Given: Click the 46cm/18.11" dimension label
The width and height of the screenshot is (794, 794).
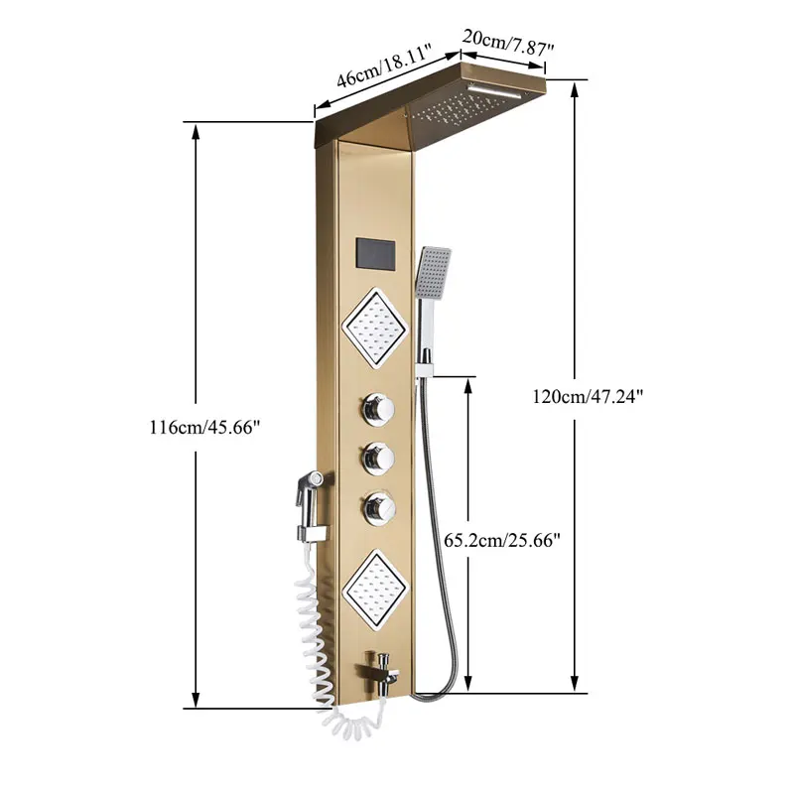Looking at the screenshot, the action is (384, 66).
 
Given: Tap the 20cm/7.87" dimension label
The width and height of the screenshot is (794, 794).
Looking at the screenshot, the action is (508, 43).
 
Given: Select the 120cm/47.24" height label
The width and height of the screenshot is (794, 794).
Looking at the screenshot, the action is (588, 396).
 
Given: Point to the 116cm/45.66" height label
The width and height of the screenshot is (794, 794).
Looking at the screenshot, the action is (204, 428).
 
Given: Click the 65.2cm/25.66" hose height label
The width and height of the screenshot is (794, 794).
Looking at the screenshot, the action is (502, 540).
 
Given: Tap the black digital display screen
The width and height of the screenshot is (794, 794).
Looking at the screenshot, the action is (375, 255).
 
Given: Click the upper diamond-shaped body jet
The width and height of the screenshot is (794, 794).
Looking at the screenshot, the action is (375, 327).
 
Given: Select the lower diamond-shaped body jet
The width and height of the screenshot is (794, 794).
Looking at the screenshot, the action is (375, 588).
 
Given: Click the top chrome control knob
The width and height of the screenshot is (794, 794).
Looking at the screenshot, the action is (378, 409).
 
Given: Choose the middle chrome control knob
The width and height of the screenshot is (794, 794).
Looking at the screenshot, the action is (378, 459).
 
